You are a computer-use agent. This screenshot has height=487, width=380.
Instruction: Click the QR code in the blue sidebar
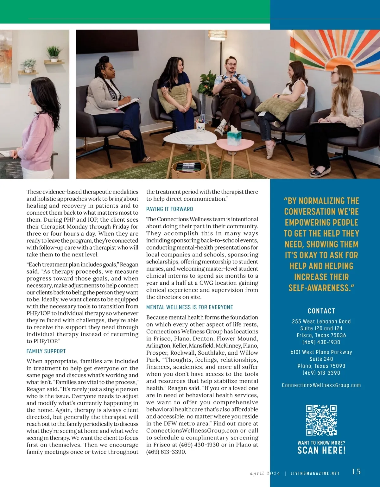click(321, 420)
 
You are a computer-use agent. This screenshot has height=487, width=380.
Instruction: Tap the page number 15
click(356, 471)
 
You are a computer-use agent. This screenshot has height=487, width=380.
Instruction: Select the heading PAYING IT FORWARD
click(169, 209)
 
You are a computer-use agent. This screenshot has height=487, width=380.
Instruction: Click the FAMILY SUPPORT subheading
click(46, 351)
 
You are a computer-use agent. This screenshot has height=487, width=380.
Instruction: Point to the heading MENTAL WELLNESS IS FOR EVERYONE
click(189, 307)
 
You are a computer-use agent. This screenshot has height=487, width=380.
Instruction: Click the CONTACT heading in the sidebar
click(321, 311)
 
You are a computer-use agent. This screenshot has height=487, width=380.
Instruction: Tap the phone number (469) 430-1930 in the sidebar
click(321, 342)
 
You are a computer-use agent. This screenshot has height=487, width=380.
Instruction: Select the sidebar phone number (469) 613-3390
click(321, 373)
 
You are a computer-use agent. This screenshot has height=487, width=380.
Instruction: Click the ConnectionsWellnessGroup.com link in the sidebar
click(321, 385)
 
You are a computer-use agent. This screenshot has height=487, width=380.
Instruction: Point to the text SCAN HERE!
click(321, 450)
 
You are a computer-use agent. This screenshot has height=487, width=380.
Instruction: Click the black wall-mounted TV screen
click(107, 40)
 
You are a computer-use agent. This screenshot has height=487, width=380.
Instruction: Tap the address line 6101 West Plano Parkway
click(321, 352)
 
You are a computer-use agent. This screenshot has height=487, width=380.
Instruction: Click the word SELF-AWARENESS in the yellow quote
click(320, 288)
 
